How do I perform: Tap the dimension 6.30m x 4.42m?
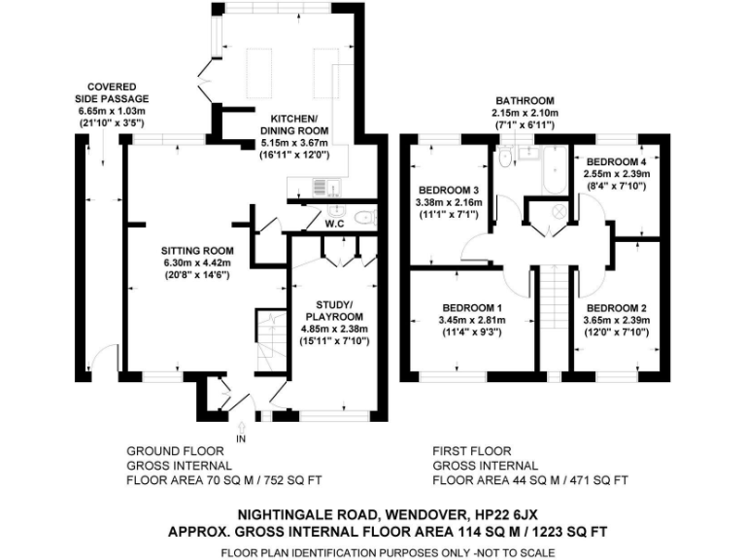pos(199,262)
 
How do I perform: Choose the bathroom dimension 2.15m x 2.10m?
pos(525,113)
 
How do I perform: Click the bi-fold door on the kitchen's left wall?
pos(205,68)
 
